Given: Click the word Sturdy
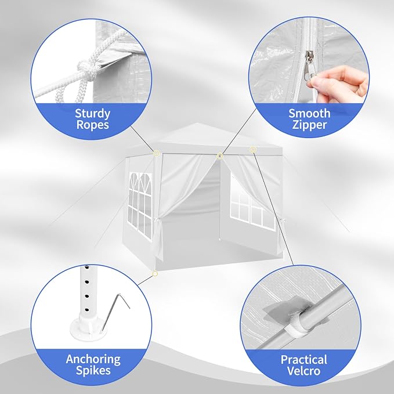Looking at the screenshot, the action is [92, 114].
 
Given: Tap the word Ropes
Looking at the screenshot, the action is [92, 125].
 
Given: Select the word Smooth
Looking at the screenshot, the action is [309, 113].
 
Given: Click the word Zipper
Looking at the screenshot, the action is [309, 125].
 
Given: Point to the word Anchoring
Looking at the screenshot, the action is [93, 360].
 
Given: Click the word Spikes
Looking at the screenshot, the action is [93, 371].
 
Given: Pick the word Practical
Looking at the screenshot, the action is [304, 360].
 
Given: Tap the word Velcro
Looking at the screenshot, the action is [304, 371].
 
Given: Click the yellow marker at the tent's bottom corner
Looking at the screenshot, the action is [155, 274].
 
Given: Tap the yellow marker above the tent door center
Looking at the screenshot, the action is [220, 156].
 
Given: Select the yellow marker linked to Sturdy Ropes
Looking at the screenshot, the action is [156, 153].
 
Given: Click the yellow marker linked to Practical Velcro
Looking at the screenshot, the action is [253, 150].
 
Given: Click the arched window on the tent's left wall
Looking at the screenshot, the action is [140, 205].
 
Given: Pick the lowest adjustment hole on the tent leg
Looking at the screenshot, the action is [87, 310].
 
